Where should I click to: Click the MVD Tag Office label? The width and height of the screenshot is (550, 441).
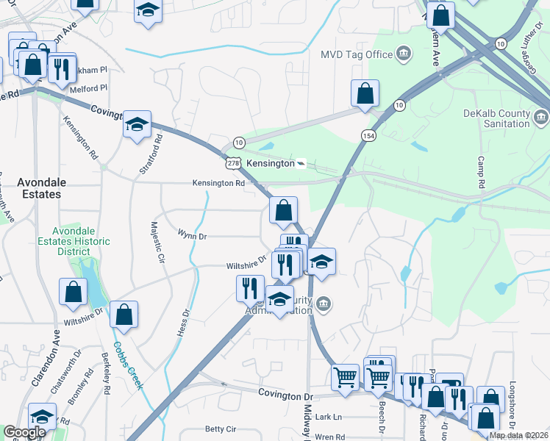click(357, 54)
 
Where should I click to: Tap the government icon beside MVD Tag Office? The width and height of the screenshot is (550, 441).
click(403, 54)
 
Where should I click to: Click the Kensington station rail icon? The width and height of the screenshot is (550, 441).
click(300, 163)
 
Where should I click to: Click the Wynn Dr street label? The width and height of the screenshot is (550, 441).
click(192, 236)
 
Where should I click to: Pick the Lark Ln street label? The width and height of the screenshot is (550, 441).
click(328, 417)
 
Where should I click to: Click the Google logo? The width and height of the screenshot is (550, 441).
click(24, 432)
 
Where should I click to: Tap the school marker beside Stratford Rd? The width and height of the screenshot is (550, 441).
click(137, 124)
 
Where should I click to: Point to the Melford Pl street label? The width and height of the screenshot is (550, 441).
click(88, 87)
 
